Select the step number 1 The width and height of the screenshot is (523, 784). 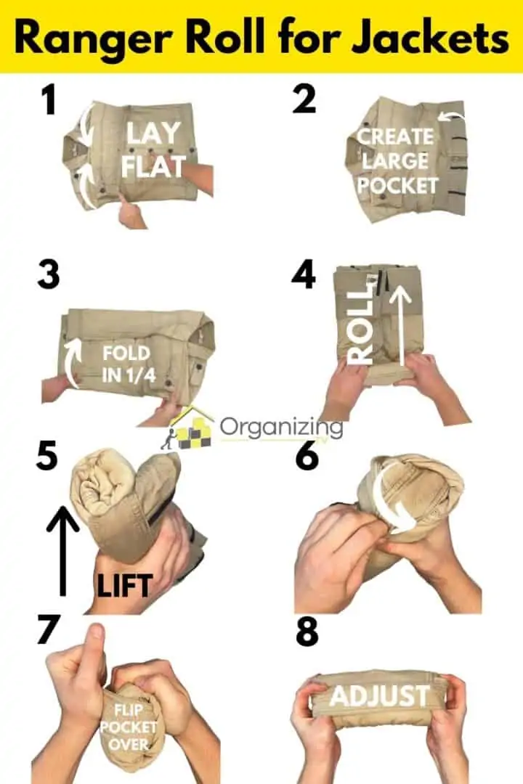(x=48, y=100)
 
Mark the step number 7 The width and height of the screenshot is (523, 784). (x=48, y=630)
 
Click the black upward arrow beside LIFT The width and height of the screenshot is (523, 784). (x=62, y=548)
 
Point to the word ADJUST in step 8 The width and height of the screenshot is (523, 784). (x=378, y=696)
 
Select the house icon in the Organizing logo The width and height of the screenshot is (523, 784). (x=190, y=428)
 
